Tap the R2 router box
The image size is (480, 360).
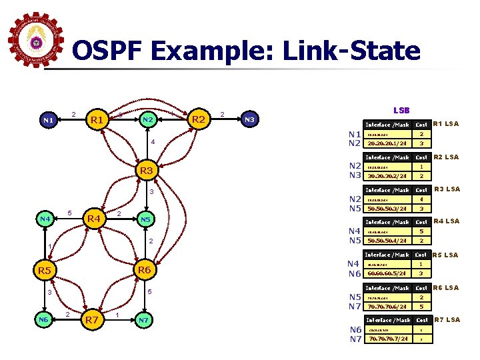click(x=198, y=120)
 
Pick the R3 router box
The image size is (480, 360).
click(x=146, y=171)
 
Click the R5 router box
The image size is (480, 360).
click(x=45, y=271)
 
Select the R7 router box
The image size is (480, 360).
click(x=93, y=321)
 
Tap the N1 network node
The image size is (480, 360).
click(x=47, y=121)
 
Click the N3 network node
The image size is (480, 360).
click(x=249, y=120)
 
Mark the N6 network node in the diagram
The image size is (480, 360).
click(x=45, y=321)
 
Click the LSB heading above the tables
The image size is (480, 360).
click(x=401, y=109)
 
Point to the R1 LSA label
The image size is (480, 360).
click(x=447, y=123)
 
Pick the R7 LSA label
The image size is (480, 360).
click(x=447, y=320)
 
